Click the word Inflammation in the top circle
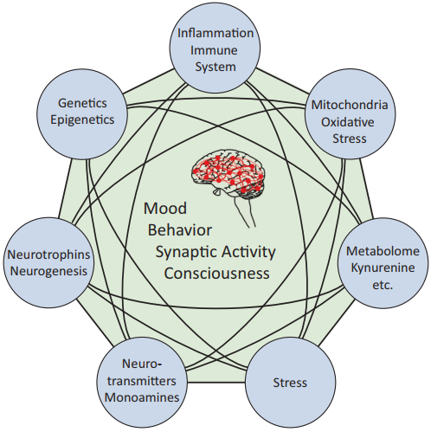[215, 33]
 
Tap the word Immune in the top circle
[214, 50]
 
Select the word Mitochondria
[350, 105]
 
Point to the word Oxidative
[348, 122]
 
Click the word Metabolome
[383, 251]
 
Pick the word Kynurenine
[383, 268]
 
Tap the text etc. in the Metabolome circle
[383, 285]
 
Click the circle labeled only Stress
[290, 383]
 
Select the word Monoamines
[142, 397]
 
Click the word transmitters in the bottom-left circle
[142, 381]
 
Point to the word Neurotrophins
[48, 255]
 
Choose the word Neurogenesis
[48, 271]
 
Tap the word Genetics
[82, 103]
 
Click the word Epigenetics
[82, 119]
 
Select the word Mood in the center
[165, 208]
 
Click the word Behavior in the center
[180, 230]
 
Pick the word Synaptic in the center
[184, 253]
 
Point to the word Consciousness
[217, 274]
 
